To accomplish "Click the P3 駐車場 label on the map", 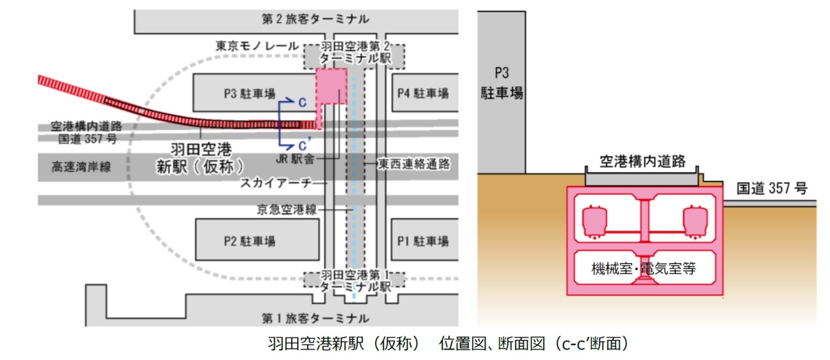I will (250, 94).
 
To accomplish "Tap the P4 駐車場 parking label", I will (423, 94).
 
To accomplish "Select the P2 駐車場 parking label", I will (250, 241).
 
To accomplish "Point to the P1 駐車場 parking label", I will (423, 241).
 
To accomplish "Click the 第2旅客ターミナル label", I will (315, 19).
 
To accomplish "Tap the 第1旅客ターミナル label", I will (315, 318).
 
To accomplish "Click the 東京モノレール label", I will (257, 46).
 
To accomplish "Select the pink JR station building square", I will (331, 86).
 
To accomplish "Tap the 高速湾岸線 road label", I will (81, 167).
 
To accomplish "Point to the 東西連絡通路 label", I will (414, 164).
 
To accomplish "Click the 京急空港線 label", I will (287, 210).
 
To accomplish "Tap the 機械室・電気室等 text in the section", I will (643, 268).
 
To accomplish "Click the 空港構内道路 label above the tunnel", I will (642, 161).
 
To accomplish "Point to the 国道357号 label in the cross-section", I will (772, 189).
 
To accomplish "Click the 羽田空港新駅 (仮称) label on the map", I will (201, 158).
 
